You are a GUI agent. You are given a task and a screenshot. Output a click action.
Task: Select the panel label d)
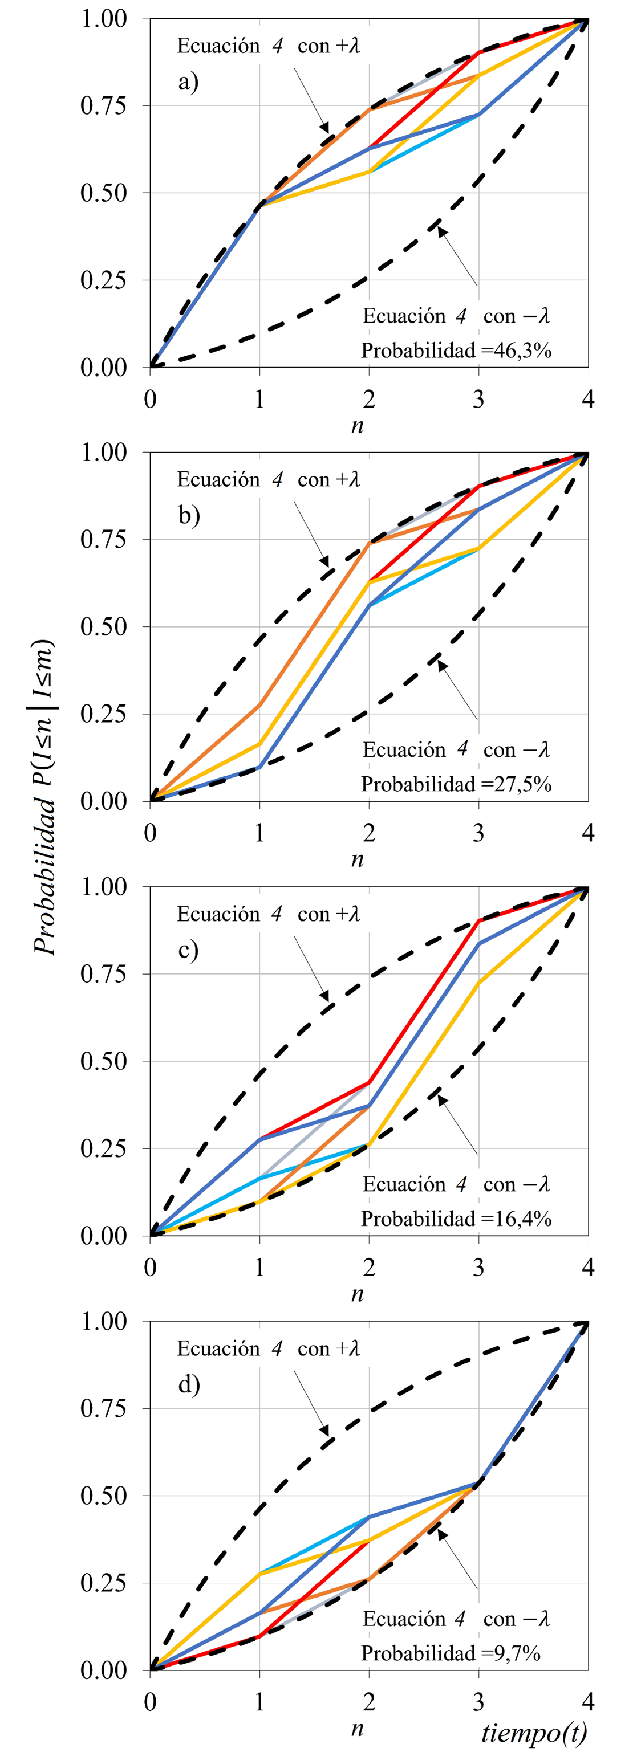[x=189, y=1385]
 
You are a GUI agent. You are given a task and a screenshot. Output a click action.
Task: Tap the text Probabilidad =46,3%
[x=455, y=351]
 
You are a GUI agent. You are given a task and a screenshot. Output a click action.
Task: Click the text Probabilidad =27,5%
[x=455, y=784]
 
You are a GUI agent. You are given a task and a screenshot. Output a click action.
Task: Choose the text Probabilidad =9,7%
[x=451, y=1653]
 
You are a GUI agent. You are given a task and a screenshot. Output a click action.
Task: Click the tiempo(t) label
[x=534, y=1731]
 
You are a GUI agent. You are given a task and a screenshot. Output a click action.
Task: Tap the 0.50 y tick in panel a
[x=103, y=193]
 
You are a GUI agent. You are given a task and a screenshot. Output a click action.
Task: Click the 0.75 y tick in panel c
[x=103, y=974]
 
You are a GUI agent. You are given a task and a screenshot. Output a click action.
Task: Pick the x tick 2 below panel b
[x=369, y=833]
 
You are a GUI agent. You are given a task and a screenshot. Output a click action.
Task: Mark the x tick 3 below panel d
[x=478, y=1702]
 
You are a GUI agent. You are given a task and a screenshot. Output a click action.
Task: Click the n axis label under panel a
[x=358, y=426]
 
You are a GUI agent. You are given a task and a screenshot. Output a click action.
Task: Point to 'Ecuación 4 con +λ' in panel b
[x=268, y=479]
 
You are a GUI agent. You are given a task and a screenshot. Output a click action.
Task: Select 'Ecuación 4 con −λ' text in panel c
[x=455, y=1185]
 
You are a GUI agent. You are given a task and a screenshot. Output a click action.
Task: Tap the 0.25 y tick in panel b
[x=103, y=714]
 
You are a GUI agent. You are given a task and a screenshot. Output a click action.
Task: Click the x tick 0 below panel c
[x=151, y=1268]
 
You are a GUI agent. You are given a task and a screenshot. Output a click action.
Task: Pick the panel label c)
[x=189, y=950]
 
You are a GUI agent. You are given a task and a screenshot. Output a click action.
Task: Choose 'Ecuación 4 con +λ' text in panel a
[x=268, y=46]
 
